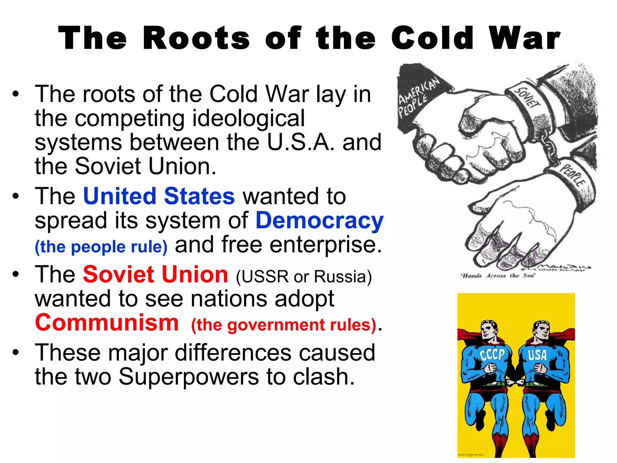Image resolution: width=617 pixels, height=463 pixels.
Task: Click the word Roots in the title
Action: point(196,38)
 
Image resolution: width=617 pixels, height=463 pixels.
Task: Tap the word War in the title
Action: point(525,38)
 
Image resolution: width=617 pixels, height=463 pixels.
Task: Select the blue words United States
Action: point(159,196)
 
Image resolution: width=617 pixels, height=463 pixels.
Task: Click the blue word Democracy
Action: point(319,220)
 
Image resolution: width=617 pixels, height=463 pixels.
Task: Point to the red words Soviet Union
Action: point(155,275)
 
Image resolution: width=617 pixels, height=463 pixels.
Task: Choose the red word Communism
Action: point(107,323)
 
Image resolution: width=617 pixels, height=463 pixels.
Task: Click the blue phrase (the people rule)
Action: point(101,247)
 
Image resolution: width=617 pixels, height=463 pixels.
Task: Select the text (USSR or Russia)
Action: point(304,276)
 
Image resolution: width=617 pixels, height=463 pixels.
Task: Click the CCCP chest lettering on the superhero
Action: point(492,354)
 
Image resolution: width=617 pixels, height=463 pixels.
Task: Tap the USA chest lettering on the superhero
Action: point(537,355)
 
